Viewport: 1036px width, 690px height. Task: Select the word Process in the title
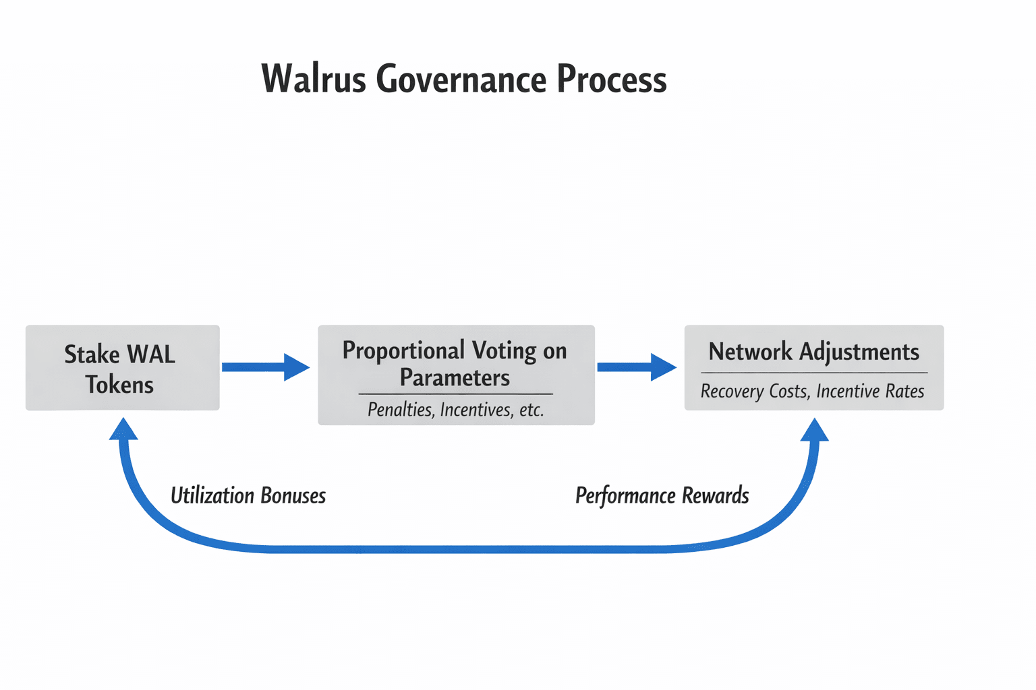[x=611, y=80]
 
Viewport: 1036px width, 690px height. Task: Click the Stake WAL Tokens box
[x=122, y=368]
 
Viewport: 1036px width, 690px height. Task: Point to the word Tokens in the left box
[x=119, y=385]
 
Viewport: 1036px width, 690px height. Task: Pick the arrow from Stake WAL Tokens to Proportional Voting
[x=265, y=367]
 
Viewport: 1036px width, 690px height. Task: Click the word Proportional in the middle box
[x=403, y=350]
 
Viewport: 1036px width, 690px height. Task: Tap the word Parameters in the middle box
[x=455, y=378]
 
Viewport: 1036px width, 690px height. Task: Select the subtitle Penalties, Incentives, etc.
[x=455, y=410]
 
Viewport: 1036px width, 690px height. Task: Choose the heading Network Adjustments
[x=813, y=352]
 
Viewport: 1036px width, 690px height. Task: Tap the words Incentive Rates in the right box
[x=870, y=391]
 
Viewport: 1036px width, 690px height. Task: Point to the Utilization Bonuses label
[x=248, y=496]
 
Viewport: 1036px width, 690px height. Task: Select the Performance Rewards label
[x=662, y=496]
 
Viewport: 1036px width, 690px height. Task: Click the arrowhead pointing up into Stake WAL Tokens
[x=123, y=429]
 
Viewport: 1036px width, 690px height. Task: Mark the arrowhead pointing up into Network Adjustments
[x=814, y=430]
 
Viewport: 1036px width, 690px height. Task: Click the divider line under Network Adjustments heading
[x=814, y=373]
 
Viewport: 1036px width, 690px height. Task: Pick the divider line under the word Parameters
[x=455, y=394]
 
